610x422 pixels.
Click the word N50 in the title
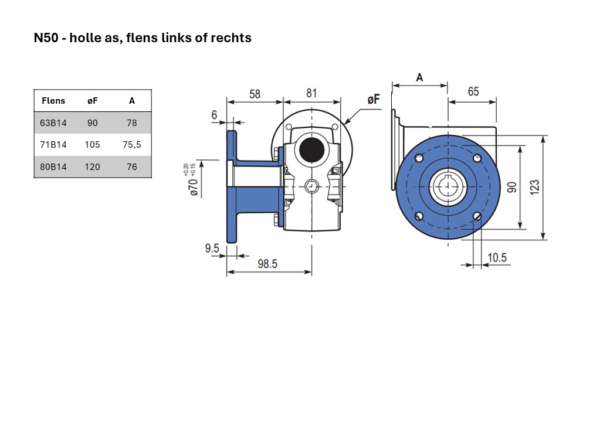click(x=46, y=38)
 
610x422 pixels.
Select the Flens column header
click(x=53, y=101)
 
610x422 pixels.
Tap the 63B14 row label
click(x=53, y=123)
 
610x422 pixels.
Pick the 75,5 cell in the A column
click(x=132, y=145)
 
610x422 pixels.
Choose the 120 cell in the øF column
click(x=92, y=166)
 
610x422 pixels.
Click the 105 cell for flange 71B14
click(x=92, y=145)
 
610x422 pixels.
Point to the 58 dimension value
click(x=255, y=94)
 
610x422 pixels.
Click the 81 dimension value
click(x=311, y=93)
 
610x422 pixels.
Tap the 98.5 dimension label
click(x=267, y=264)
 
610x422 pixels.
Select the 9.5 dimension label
click(x=212, y=248)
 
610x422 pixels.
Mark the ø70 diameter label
click(x=194, y=187)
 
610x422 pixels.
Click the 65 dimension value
click(x=473, y=91)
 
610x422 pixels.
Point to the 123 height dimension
click(x=535, y=187)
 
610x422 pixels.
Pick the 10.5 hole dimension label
click(x=497, y=258)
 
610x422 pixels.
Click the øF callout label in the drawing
click(x=374, y=100)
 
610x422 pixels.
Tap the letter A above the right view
click(x=419, y=78)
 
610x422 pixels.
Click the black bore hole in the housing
click(x=312, y=150)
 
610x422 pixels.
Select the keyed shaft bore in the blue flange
click(x=448, y=187)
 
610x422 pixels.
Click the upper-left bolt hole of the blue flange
click(x=419, y=158)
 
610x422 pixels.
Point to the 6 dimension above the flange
click(x=214, y=115)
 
